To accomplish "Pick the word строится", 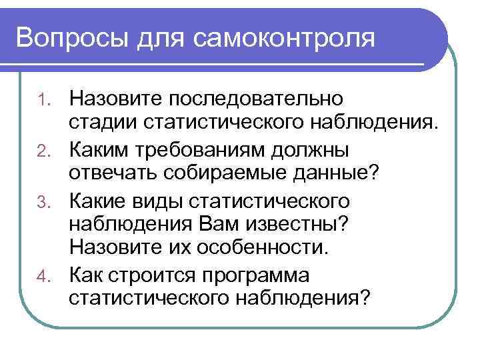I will (x=151, y=275).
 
